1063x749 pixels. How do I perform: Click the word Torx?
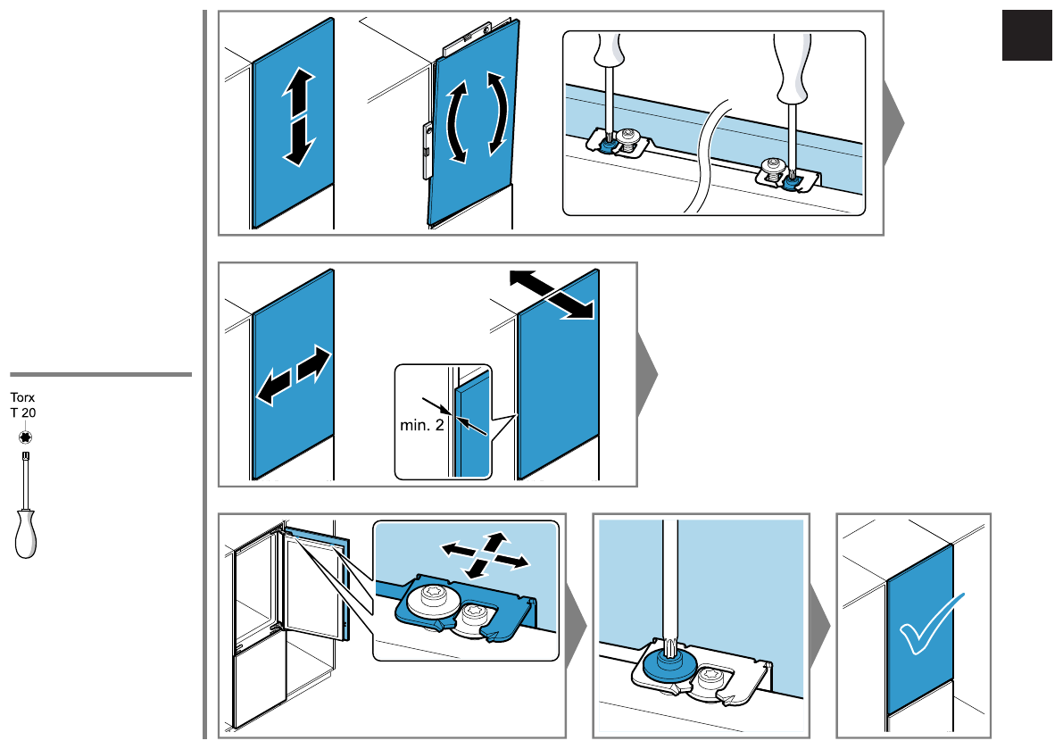(x=22, y=397)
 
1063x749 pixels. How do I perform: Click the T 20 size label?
(x=23, y=412)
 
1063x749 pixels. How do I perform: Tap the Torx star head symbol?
(x=26, y=437)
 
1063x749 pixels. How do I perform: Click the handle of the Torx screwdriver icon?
(x=26, y=535)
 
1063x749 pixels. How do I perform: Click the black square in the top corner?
(x=1027, y=36)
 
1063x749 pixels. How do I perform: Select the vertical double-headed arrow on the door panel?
(x=299, y=117)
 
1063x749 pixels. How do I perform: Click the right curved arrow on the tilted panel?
(x=497, y=113)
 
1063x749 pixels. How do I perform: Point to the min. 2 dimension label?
(x=421, y=425)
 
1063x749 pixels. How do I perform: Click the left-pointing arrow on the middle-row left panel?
(x=275, y=387)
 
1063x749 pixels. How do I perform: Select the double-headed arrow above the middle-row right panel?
(x=552, y=294)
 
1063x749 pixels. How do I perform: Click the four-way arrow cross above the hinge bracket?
(x=485, y=555)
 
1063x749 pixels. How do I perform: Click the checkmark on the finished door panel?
(x=931, y=624)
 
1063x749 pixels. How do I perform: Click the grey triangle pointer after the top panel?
(x=894, y=124)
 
